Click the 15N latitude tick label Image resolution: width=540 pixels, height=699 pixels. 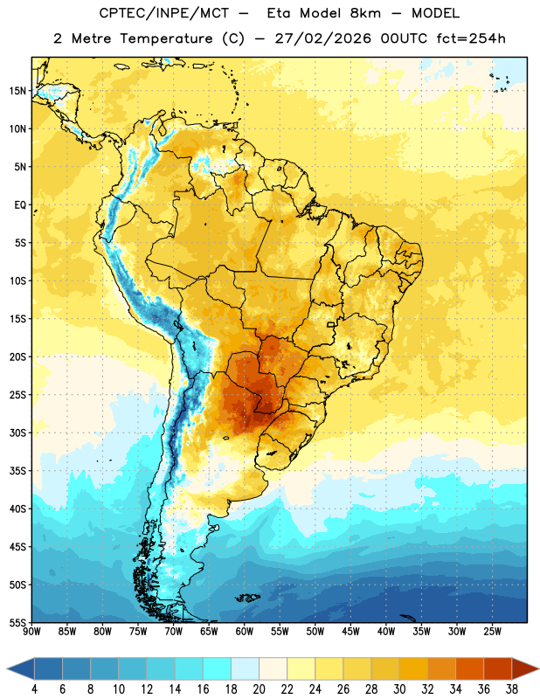click(x=17, y=91)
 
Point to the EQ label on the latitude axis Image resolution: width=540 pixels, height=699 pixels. click(x=20, y=205)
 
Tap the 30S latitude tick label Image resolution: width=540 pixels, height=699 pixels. click(x=17, y=433)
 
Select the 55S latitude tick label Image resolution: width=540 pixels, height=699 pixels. click(x=17, y=623)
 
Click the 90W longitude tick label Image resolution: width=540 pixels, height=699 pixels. click(x=31, y=632)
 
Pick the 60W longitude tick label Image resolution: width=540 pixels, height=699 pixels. click(x=245, y=632)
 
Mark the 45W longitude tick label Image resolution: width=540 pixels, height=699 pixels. click(x=350, y=632)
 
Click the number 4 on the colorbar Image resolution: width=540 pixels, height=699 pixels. click(x=34, y=689)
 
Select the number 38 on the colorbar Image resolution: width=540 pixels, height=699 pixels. click(x=512, y=689)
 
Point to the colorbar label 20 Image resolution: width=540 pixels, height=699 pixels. click(x=259, y=689)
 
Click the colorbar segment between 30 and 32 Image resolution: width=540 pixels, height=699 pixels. click(x=413, y=669)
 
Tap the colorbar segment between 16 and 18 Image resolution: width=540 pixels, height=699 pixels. click(x=218, y=669)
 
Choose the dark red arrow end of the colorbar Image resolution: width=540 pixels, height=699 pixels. click(x=524, y=669)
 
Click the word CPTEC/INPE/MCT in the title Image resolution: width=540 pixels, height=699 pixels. click(x=163, y=13)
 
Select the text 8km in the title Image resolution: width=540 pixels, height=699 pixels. click(x=365, y=13)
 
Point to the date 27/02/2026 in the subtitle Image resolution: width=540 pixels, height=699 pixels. click(x=322, y=38)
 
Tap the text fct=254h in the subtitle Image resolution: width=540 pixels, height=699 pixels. click(x=471, y=38)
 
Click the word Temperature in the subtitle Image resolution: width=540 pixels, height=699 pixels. click(x=166, y=38)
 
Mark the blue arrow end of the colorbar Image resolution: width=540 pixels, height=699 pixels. click(x=21, y=669)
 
